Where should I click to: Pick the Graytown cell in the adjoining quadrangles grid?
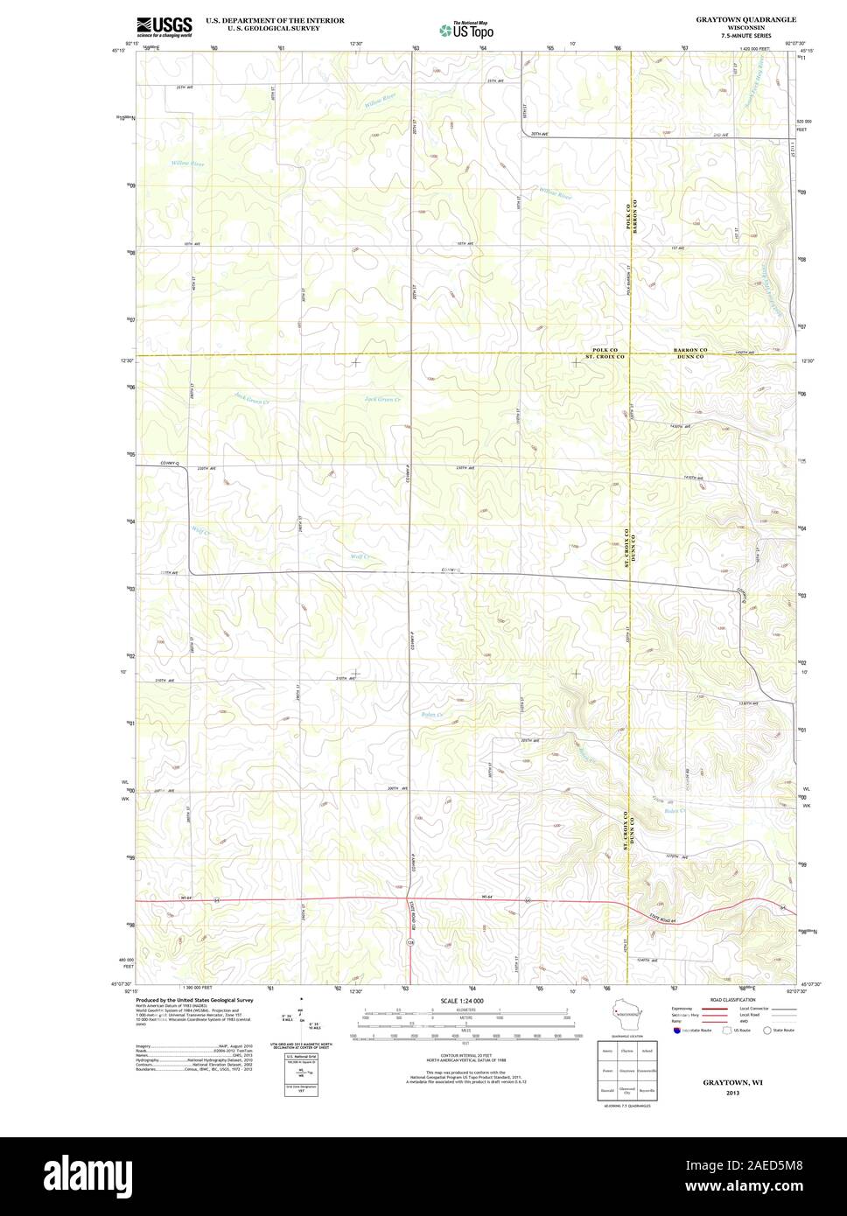[626, 1070]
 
